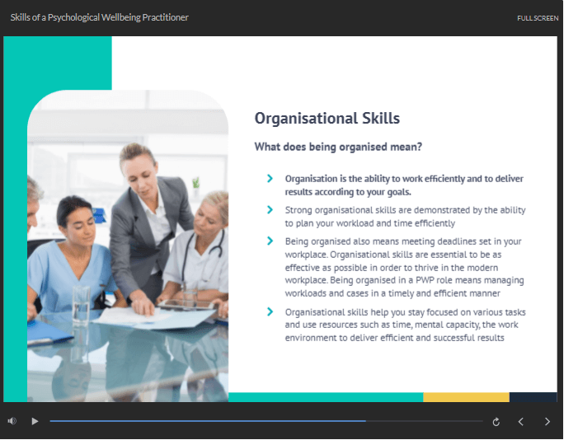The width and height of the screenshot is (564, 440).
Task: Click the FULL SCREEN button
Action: click(x=538, y=18)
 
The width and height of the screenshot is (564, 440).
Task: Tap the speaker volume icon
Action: click(x=12, y=421)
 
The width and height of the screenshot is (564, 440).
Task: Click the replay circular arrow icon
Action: click(x=496, y=422)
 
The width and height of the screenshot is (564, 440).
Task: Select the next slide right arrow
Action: click(x=547, y=421)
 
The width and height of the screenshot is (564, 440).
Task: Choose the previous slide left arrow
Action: click(x=520, y=421)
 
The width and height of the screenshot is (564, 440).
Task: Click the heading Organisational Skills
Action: click(x=327, y=119)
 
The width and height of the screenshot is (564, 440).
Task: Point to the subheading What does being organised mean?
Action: click(x=338, y=147)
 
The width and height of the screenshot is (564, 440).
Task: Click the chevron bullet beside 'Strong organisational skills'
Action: click(x=270, y=209)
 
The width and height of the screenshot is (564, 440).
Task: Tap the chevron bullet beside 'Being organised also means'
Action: click(x=270, y=241)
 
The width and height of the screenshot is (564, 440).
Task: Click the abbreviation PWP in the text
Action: click(x=425, y=280)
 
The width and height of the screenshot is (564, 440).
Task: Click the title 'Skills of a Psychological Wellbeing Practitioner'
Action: click(x=99, y=17)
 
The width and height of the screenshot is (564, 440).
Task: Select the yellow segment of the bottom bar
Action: click(x=466, y=397)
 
